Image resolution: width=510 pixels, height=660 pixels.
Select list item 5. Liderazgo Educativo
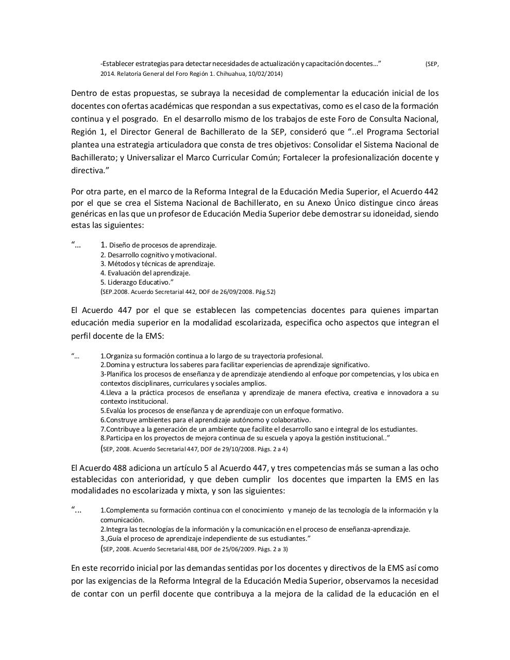click(x=137, y=283)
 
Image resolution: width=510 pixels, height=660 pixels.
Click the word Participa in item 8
click(x=120, y=438)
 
